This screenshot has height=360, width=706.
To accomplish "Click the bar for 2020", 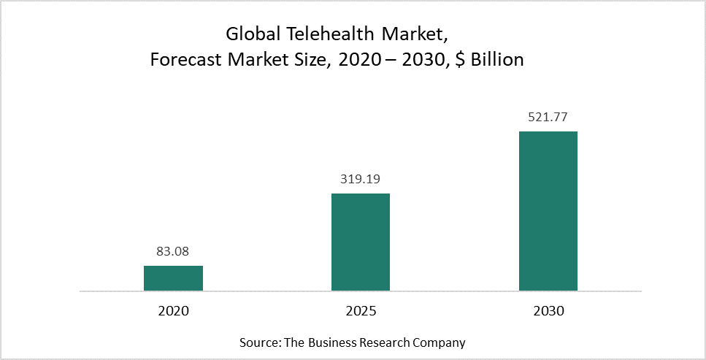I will pyautogui.click(x=173, y=278).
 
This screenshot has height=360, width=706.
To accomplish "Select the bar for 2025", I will pyautogui.click(x=361, y=242).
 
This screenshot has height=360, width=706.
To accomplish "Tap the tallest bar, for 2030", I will pyautogui.click(x=548, y=211).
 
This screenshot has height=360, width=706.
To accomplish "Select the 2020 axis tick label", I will pyautogui.click(x=173, y=310).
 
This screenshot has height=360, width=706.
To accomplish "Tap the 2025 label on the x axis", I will pyautogui.click(x=361, y=310).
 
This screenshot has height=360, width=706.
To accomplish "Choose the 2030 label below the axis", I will pyautogui.click(x=548, y=310).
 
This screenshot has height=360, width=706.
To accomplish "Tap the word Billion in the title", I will pyautogui.click(x=496, y=60).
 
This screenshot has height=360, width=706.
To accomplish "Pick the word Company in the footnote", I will pyautogui.click(x=440, y=342).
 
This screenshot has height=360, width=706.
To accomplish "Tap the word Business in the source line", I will pyautogui.click(x=339, y=342).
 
